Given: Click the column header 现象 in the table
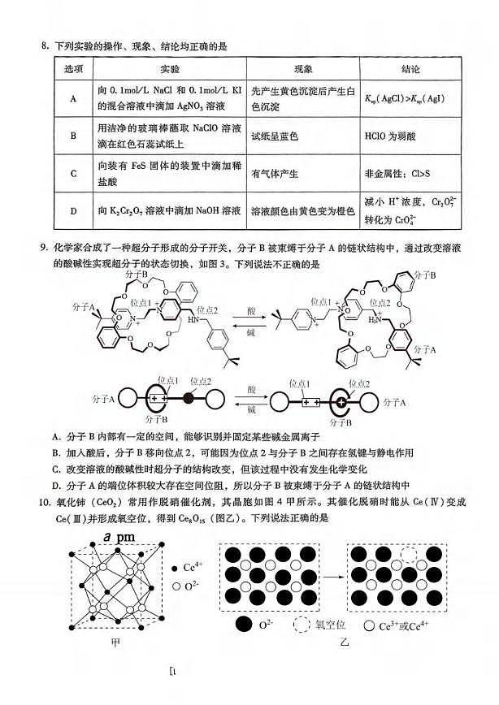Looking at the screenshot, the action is (x=302, y=69).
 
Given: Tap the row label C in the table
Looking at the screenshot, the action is (x=73, y=173).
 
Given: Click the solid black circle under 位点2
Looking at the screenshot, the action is (x=190, y=398).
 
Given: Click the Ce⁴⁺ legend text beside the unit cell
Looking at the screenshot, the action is (x=195, y=568).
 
